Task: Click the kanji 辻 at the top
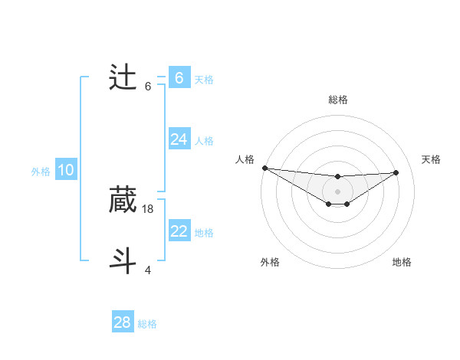[123, 79]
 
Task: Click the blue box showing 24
[179, 139]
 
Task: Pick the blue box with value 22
[179, 231]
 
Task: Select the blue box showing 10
[66, 170]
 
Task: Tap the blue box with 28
[122, 322]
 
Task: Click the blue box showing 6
[179, 78]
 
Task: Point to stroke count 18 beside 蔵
[148, 208]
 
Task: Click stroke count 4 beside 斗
[148, 270]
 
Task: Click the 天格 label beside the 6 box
[204, 79]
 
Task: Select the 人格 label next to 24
[204, 140]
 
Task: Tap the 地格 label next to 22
[204, 232]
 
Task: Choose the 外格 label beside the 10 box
[41, 172]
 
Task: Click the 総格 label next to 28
[147, 323]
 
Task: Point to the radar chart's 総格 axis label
[337, 100]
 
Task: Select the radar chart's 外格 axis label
[270, 262]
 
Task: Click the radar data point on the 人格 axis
[264, 168]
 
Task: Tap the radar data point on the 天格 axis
[396, 172]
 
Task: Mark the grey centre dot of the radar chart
[337, 191]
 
